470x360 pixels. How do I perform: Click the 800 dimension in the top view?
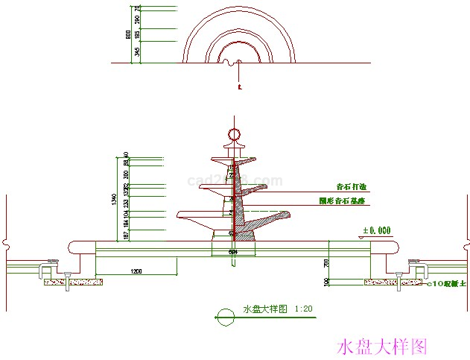[x=128, y=35]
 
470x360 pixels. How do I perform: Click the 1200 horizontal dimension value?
[x=136, y=270]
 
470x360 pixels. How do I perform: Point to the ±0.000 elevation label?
[x=376, y=231]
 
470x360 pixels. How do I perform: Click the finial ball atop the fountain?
[x=233, y=134]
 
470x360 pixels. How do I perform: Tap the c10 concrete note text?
[x=445, y=283]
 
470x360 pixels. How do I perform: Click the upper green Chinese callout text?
[x=352, y=187]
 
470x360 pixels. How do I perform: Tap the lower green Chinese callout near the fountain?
[x=343, y=201]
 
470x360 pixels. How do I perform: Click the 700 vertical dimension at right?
[x=326, y=263]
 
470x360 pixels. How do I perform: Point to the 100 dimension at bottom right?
[x=326, y=282]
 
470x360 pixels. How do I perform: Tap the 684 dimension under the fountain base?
[x=233, y=252]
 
